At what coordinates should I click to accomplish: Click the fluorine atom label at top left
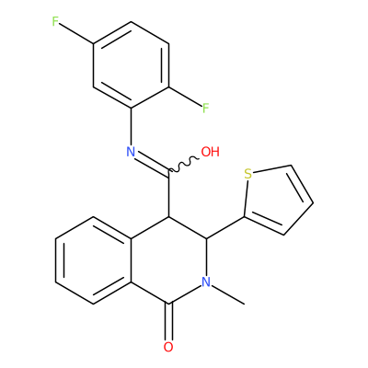click(55, 22)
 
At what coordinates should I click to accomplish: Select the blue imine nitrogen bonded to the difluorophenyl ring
click(131, 152)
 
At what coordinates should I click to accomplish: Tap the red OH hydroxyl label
click(211, 152)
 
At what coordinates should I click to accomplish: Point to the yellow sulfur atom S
click(247, 174)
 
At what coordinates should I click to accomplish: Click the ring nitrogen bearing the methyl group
click(206, 282)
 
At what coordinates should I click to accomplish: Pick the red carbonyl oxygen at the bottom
click(168, 347)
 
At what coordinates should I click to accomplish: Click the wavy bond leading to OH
click(184, 164)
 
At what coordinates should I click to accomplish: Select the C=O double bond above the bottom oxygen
click(168, 321)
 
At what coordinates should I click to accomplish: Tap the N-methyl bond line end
click(245, 304)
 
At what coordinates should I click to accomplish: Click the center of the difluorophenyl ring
click(131, 65)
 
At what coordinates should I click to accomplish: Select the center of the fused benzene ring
click(93, 260)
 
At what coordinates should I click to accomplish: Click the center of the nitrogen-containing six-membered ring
click(168, 260)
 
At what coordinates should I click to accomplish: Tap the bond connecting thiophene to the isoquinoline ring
click(225, 227)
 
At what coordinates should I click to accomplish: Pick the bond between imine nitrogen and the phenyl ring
click(131, 127)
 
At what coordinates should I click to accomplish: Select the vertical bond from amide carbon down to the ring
click(168, 193)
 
